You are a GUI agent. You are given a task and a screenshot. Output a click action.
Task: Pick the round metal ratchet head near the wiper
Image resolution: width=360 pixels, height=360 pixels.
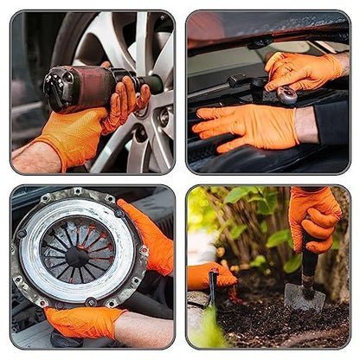coord(286,96)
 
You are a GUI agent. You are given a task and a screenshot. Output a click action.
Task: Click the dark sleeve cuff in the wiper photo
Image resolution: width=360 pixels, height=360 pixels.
coord(333,123)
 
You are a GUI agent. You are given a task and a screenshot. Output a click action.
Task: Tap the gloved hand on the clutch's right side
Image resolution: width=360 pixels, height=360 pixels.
coord(149,241)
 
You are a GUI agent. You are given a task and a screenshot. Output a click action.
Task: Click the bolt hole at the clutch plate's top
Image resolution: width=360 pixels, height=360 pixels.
coord(77,191)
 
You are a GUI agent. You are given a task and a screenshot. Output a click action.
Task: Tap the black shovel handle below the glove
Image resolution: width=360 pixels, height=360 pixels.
coord(308,260)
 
